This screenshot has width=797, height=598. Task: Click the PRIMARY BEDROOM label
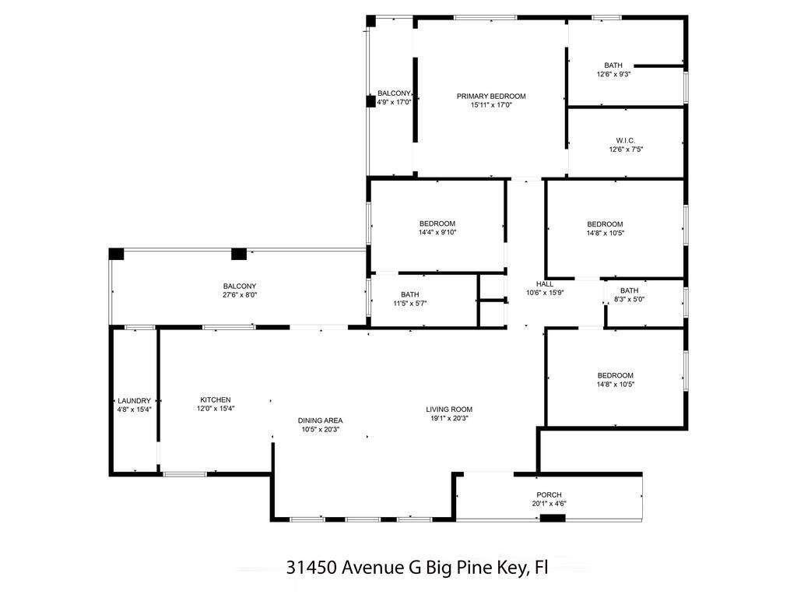coord(491,96)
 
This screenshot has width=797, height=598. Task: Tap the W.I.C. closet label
coord(626,140)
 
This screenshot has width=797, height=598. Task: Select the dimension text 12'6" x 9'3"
coord(613,75)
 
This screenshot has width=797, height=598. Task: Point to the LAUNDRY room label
coord(134,400)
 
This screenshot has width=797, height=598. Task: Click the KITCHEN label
coord(215,399)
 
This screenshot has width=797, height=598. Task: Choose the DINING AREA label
coord(320,420)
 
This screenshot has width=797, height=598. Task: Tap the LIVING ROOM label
coord(449,409)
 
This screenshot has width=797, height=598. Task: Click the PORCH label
coord(549,494)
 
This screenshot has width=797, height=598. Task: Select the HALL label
coord(545,283)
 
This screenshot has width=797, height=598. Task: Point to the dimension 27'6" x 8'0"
coord(239,295)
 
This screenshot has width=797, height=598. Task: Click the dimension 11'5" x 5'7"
coord(409,303)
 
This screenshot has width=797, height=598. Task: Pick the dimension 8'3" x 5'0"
coord(629,299)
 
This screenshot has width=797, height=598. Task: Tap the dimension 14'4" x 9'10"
coord(437,232)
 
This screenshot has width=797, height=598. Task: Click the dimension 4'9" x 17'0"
coord(393,102)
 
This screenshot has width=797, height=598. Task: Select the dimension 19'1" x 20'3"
coord(449,418)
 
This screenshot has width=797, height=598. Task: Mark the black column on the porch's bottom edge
coord(553,518)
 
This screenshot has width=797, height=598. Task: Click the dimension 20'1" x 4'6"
coord(549,504)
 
